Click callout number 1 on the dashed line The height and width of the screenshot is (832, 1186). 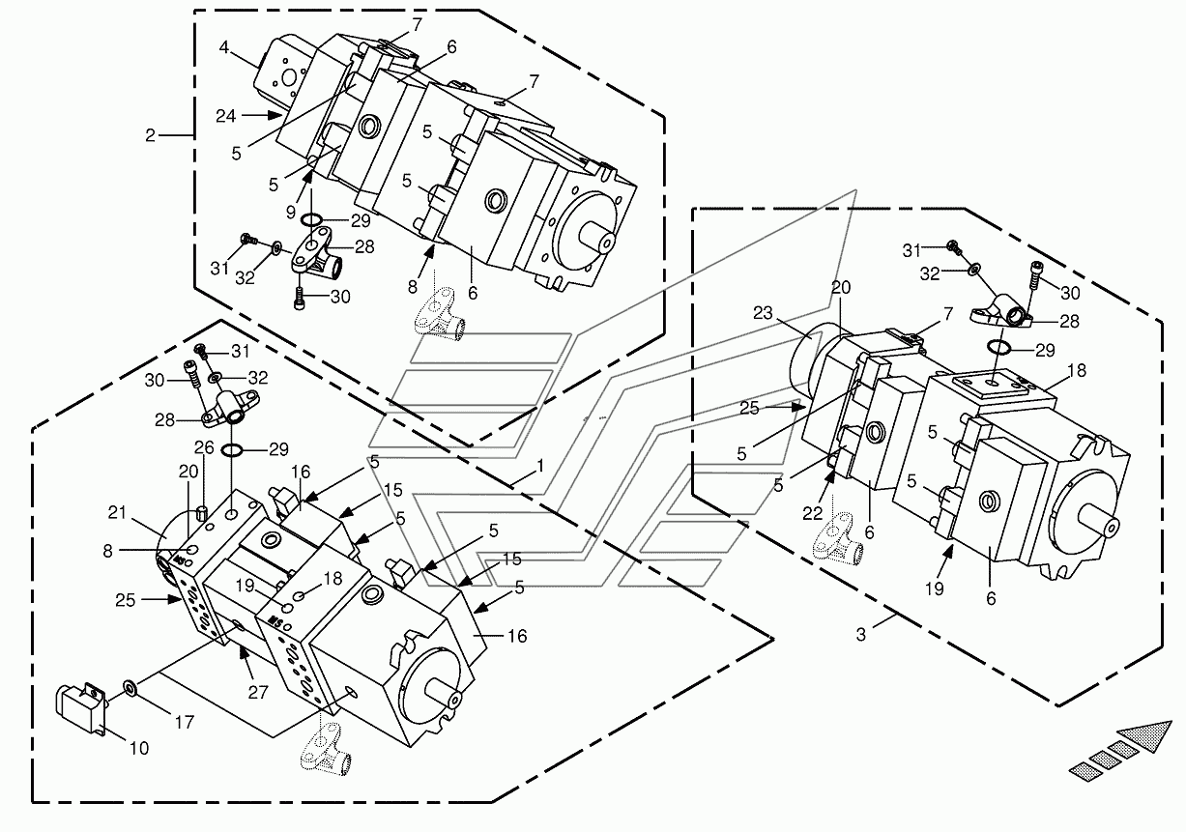[540, 466]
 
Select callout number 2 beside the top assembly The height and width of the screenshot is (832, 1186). [151, 135]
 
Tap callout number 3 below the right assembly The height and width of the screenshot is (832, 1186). [861, 635]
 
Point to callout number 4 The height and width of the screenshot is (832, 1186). [224, 47]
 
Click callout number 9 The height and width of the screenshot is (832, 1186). [291, 213]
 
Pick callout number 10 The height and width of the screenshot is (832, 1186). [139, 748]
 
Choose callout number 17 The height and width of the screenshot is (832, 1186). [185, 722]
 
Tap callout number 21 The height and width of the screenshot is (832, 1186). [117, 512]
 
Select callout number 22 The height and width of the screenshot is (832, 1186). [813, 513]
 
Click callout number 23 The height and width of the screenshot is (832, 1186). [763, 313]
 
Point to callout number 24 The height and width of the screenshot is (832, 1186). [225, 116]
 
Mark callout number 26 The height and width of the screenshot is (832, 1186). [204, 447]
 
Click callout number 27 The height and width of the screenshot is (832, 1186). [258, 692]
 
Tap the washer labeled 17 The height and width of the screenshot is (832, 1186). [129, 688]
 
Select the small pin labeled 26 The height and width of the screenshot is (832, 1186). [202, 513]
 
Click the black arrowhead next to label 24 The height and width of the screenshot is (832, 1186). [275, 115]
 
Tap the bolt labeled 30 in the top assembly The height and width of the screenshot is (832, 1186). [299, 300]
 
